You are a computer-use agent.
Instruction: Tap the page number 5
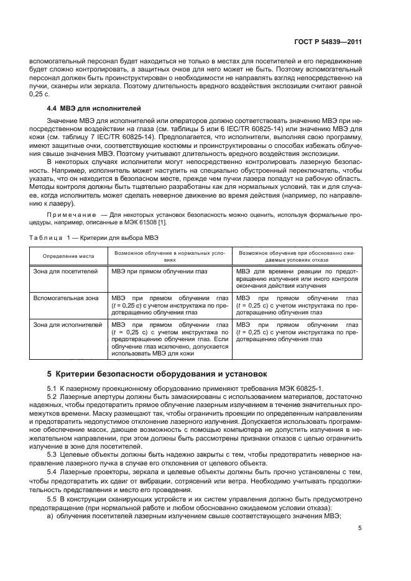coord(359,529)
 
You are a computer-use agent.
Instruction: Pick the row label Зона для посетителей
coord(65,272)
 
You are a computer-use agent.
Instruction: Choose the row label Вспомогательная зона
coord(66,298)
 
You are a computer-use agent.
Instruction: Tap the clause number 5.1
coord(52,388)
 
